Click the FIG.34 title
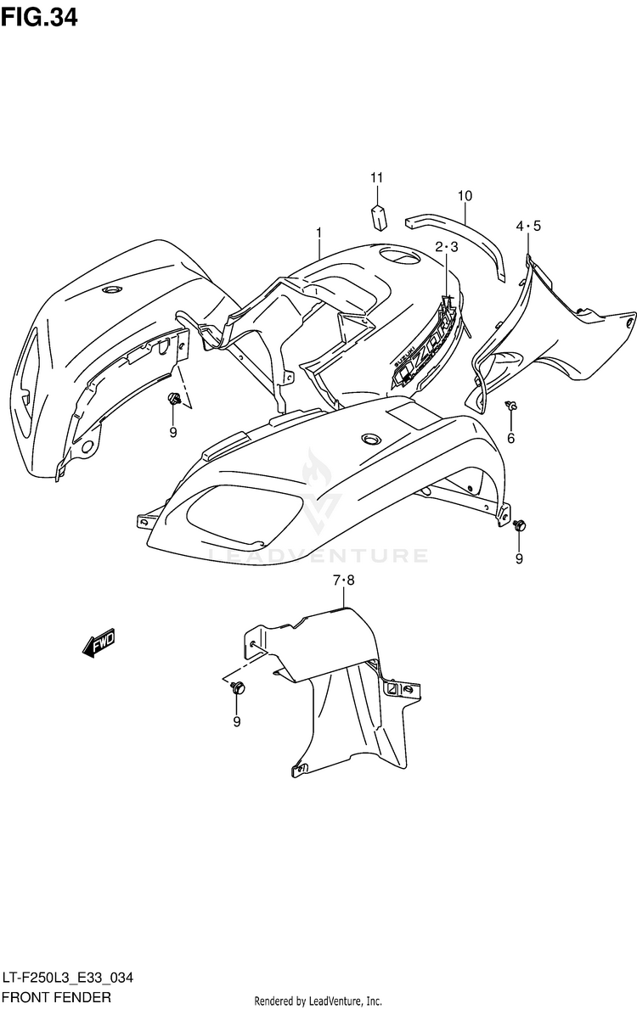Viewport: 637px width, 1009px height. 41,17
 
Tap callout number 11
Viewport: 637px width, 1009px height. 376,177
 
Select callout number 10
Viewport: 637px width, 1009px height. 464,197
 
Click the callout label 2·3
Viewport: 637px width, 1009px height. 447,247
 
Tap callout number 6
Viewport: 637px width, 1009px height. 511,438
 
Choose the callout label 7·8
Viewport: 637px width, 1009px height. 343,580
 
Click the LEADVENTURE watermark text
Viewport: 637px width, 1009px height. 318,556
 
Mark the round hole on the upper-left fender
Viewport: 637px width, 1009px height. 110,291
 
